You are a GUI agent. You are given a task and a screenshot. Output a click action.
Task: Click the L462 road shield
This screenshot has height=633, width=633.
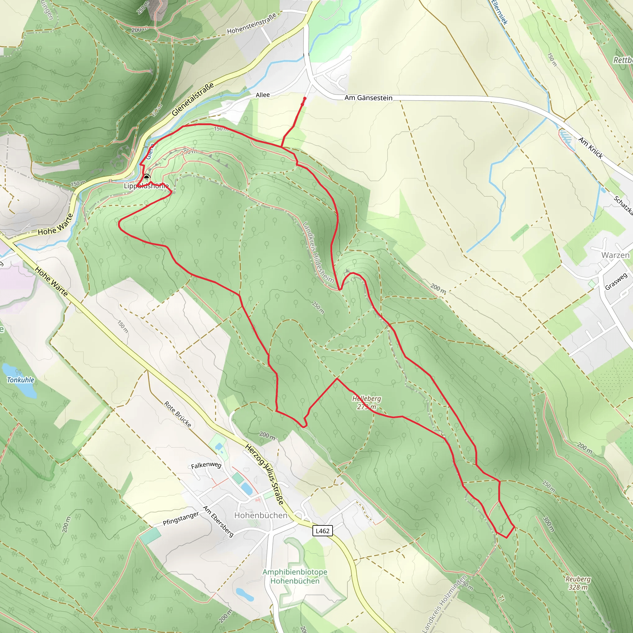[x=322, y=531]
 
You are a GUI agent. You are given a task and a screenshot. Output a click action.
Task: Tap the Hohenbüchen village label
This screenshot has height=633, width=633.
[x=261, y=515]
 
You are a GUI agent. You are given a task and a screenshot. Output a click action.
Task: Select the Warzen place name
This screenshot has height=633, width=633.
[x=615, y=255]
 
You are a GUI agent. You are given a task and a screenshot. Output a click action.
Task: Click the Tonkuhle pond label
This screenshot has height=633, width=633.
[x=21, y=380]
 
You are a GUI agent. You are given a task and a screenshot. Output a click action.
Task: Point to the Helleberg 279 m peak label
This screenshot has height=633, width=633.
[x=367, y=403]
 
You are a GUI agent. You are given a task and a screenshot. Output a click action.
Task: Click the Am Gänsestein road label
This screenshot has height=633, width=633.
[x=368, y=98]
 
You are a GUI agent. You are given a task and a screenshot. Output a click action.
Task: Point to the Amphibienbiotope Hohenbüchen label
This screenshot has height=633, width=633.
[x=295, y=576]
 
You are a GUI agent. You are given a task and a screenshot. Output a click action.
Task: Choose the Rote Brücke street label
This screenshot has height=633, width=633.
[x=178, y=414]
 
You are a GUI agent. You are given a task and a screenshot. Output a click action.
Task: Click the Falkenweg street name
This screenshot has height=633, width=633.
[x=206, y=465]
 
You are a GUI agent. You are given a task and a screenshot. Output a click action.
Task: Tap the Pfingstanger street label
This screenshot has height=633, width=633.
[x=181, y=518]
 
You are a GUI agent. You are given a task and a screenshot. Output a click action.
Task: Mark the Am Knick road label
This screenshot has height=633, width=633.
[x=590, y=148]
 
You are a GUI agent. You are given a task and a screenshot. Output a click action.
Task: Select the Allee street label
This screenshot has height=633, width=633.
[x=262, y=95]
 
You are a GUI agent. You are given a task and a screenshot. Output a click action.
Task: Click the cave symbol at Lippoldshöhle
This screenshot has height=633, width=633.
[x=147, y=176]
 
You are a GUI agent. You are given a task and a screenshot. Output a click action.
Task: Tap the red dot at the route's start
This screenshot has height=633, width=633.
[x=305, y=98]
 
